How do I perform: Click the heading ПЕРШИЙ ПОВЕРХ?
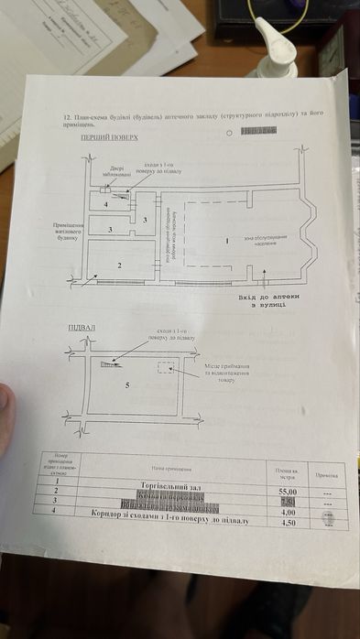[x=109, y=137]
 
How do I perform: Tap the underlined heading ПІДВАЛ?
[x=82, y=327]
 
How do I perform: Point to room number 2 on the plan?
[x=119, y=265]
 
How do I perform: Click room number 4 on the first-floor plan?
[x=106, y=203]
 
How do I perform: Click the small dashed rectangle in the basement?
[x=166, y=366]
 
